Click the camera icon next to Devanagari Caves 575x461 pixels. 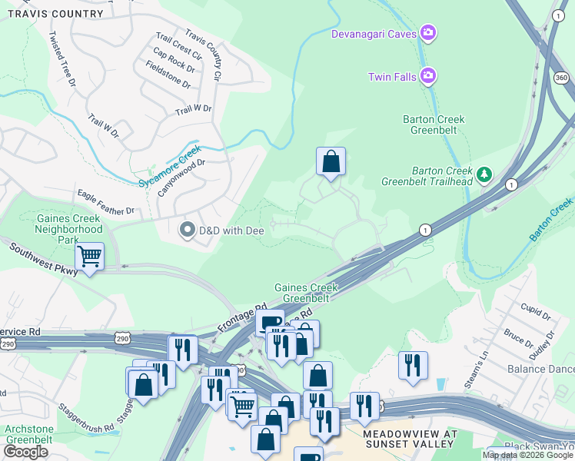point(428,33)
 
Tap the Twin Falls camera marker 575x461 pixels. point(428,76)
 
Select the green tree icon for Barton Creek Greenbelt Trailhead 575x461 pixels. point(484,174)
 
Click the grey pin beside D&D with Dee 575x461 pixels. point(187,230)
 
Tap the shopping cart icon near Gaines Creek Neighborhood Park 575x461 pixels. point(90,256)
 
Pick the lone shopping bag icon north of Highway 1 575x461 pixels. point(331,162)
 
